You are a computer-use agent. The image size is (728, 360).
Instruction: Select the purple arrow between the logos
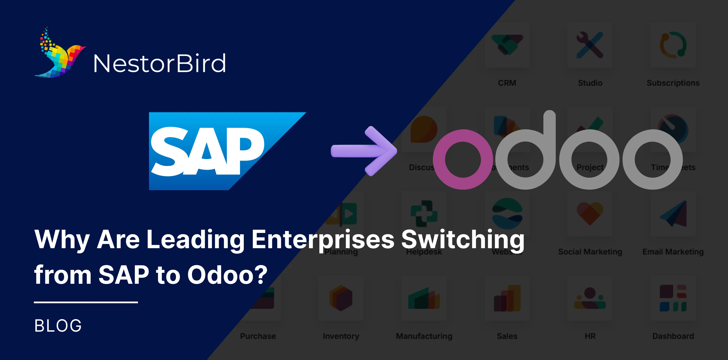click(365, 151)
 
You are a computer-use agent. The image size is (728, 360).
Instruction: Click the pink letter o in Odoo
click(463, 159)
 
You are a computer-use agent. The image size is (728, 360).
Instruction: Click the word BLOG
click(58, 325)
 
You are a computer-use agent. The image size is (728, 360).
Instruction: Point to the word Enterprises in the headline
click(323, 240)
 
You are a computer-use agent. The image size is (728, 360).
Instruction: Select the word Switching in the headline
click(463, 240)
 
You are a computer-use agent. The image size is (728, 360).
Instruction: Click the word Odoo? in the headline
click(227, 275)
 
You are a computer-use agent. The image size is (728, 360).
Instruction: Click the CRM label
click(507, 83)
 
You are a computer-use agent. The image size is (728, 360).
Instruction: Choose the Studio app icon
click(590, 45)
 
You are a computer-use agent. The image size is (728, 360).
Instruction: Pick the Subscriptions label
click(673, 83)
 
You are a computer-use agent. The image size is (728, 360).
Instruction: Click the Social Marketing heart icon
click(590, 213)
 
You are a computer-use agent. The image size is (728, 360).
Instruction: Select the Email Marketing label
click(673, 252)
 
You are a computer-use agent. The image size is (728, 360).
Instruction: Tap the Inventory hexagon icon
click(341, 298)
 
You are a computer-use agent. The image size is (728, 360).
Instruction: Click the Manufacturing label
click(424, 336)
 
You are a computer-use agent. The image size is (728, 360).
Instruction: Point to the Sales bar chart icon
click(507, 298)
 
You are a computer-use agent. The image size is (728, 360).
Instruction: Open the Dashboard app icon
click(673, 298)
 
